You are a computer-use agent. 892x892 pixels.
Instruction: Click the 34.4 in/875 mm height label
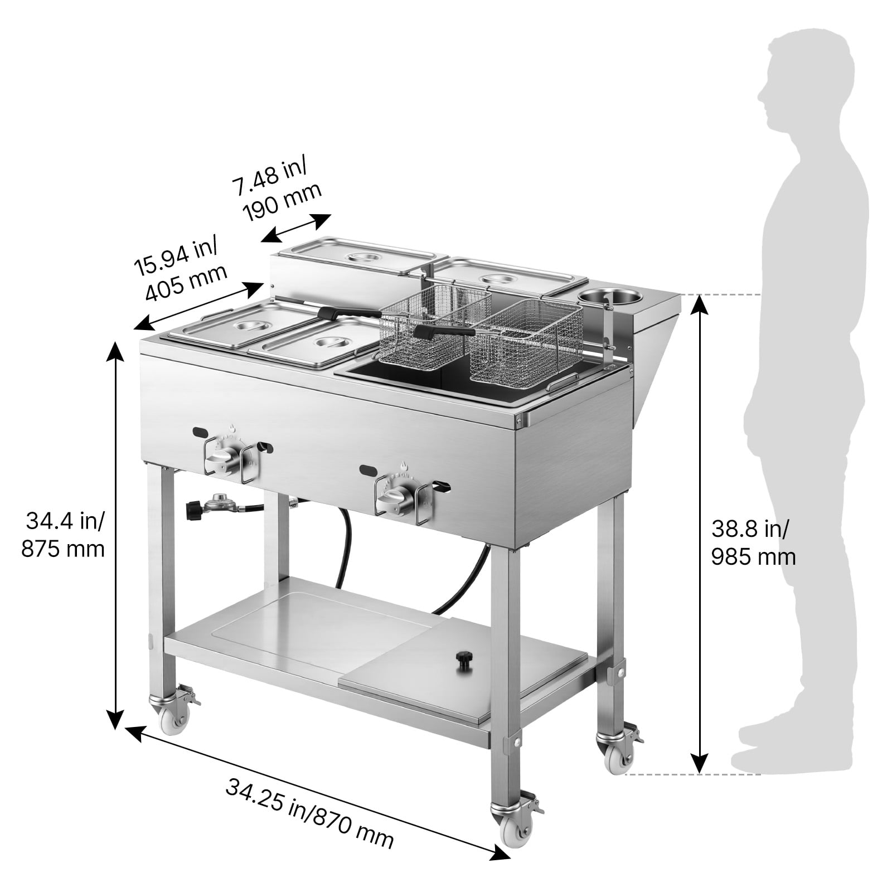pyautogui.click(x=63, y=536)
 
